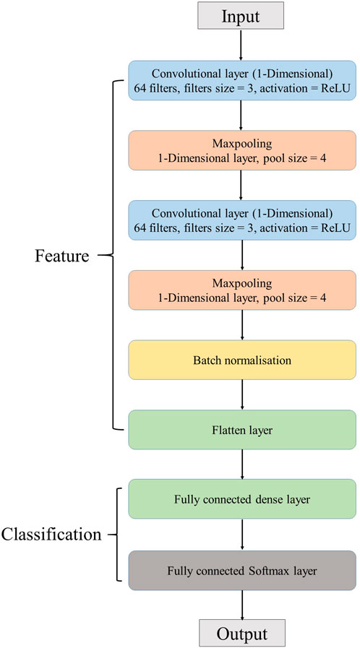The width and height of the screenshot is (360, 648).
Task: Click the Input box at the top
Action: point(242,16)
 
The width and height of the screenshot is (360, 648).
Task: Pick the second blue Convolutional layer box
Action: point(242,220)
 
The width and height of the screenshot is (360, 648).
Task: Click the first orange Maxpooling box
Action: point(242,150)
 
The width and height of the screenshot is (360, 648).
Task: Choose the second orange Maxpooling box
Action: point(242,290)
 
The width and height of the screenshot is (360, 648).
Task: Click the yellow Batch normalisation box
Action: point(242,360)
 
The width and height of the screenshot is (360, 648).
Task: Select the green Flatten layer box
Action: point(242,430)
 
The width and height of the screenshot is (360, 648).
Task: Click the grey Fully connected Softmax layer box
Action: point(242,569)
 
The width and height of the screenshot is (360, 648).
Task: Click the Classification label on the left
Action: point(51,535)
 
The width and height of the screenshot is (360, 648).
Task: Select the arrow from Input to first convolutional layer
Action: point(242,46)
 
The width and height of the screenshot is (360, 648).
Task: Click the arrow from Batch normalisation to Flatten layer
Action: point(242,395)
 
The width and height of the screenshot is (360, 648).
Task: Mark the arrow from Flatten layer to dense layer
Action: point(242,465)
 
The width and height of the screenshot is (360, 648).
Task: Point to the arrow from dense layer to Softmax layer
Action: point(242,535)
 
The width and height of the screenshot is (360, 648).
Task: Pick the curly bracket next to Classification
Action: point(114,535)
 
